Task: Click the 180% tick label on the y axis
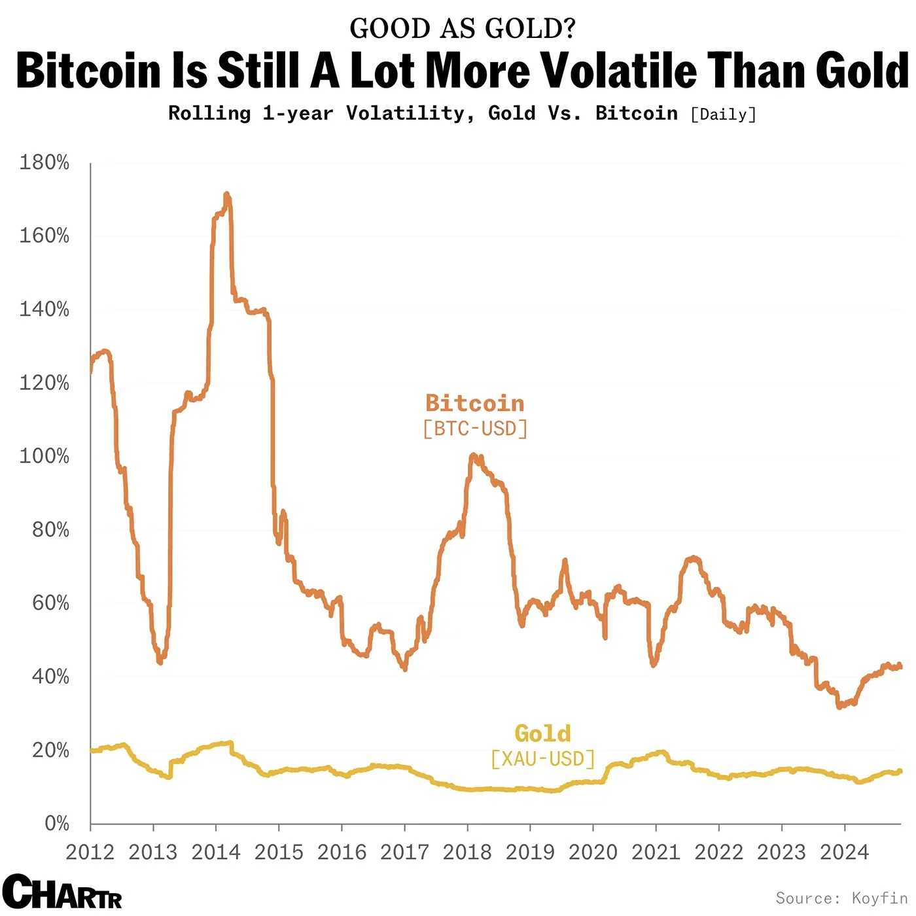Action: click(44, 162)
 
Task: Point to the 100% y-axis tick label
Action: click(44, 456)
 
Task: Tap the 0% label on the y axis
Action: click(56, 823)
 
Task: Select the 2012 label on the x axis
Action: click(90, 853)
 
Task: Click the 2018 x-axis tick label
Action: click(467, 853)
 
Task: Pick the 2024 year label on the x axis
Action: click(844, 853)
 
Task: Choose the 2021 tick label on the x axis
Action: click(656, 853)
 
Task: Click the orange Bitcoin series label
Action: click(475, 403)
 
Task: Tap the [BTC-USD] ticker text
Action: click(475, 429)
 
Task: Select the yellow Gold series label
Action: click(542, 733)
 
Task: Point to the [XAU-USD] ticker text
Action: click(543, 759)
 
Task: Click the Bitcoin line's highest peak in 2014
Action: click(226, 194)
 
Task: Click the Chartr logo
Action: click(62, 891)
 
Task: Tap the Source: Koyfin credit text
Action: click(841, 898)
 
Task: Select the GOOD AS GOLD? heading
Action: click(463, 28)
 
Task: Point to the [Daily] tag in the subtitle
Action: click(723, 114)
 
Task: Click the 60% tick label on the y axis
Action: click(50, 603)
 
